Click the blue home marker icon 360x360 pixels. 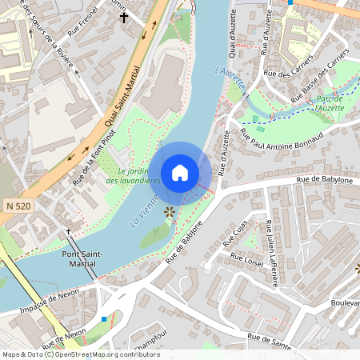point(180,173)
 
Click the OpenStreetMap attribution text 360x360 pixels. point(80,354)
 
